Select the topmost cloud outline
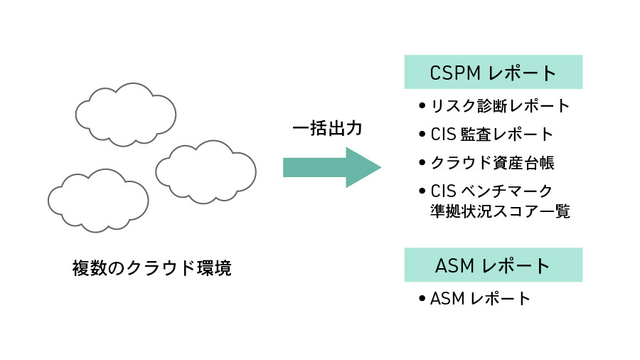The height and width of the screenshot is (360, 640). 125,114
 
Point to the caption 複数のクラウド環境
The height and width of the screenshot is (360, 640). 152,268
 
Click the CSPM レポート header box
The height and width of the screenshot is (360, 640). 494,73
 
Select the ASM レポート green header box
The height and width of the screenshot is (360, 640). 494,265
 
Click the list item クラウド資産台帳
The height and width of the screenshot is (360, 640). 492,162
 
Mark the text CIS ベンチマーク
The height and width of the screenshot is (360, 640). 491,190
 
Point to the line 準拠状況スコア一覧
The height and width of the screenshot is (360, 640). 500,211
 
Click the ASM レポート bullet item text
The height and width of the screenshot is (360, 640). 481,298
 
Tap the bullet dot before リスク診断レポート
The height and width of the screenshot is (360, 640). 422,107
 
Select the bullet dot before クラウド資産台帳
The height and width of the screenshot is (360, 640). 422,163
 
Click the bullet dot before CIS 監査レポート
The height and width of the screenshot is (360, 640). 422,134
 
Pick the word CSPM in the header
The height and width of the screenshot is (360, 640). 456,73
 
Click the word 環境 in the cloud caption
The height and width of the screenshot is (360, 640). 215,268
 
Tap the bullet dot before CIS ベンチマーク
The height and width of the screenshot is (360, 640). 422,191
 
